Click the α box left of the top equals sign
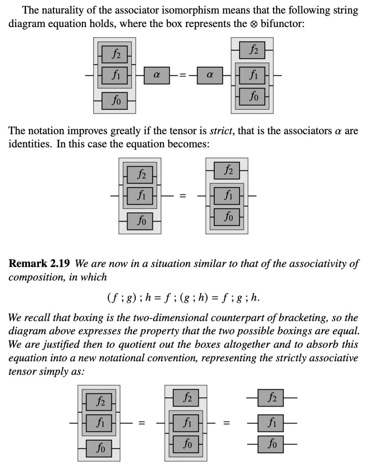pyautogui.click(x=157, y=75)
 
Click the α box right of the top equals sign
pyautogui.click(x=210, y=75)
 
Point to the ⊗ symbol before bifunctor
pyautogui.click(x=253, y=24)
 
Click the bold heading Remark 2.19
pyautogui.click(x=39, y=264)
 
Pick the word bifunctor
pyautogui.click(x=282, y=24)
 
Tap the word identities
pyautogui.click(x=30, y=144)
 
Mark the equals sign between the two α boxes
pyautogui.click(x=183, y=75)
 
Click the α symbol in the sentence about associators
pyautogui.click(x=338, y=131)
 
